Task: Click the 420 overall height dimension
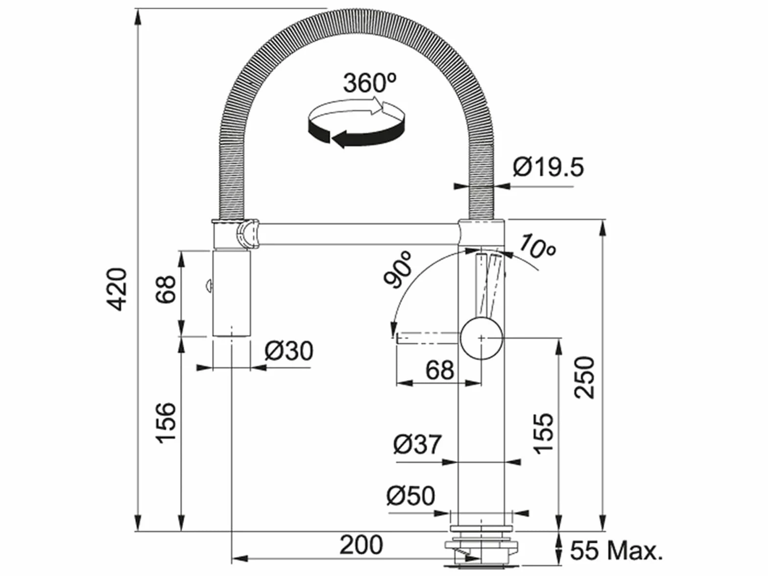click(x=117, y=289)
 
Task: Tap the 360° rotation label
click(x=370, y=83)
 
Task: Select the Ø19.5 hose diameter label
click(x=549, y=167)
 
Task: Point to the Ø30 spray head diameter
click(x=288, y=351)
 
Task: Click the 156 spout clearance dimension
click(x=166, y=423)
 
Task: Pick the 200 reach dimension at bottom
click(x=361, y=545)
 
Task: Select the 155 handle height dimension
click(x=543, y=434)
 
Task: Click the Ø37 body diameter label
click(x=417, y=444)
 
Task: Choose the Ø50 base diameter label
click(x=411, y=496)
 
